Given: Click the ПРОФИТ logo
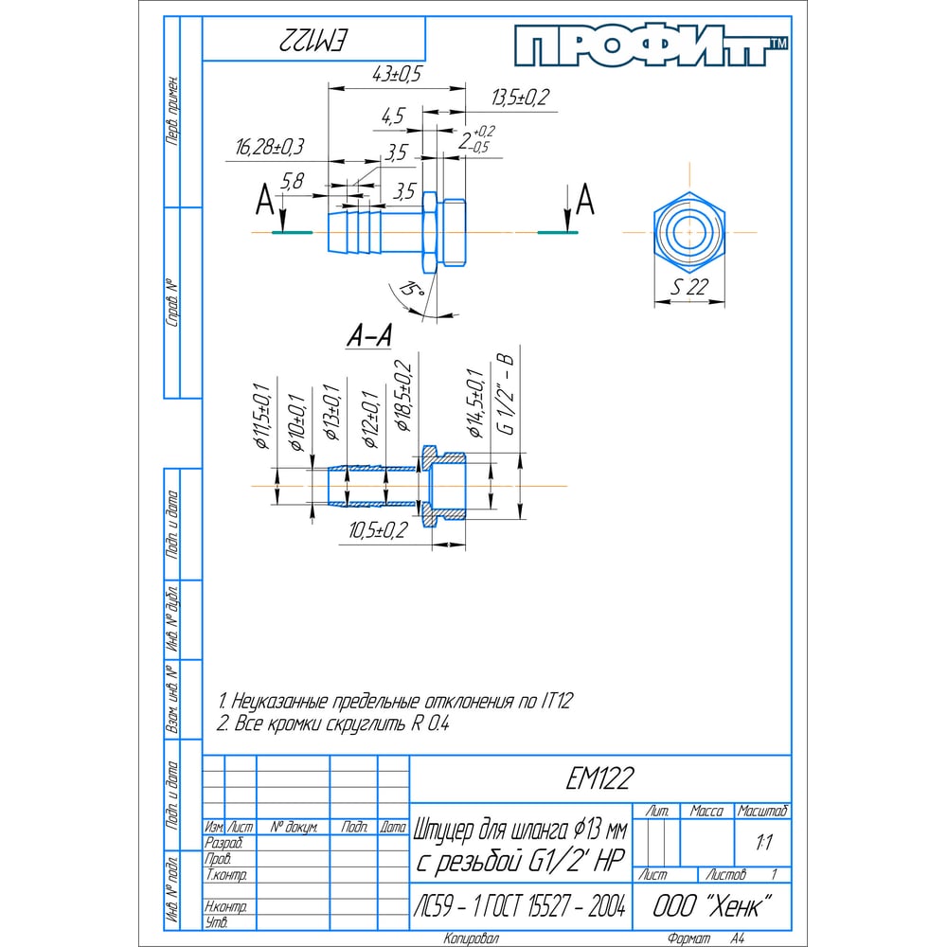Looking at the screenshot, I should pyautogui.click(x=652, y=45).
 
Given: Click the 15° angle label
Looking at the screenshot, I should pyautogui.click(x=408, y=290).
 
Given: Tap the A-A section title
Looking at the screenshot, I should pyautogui.click(x=370, y=334).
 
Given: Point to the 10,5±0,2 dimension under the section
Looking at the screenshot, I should pyautogui.click(x=377, y=531).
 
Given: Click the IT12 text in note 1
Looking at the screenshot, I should pyautogui.click(x=558, y=702).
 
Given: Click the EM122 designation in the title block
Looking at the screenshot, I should pyautogui.click(x=600, y=778).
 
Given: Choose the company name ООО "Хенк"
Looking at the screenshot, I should pyautogui.click(x=707, y=904).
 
